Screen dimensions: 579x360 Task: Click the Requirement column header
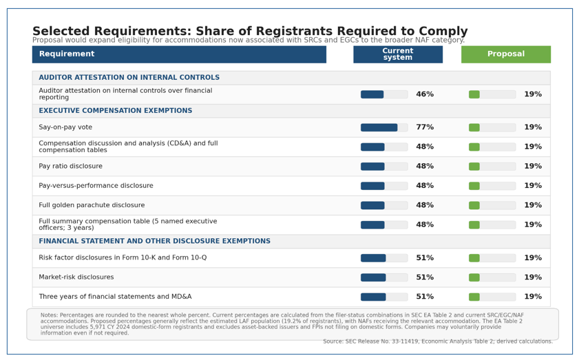point(179,54)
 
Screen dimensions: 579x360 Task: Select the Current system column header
point(398,54)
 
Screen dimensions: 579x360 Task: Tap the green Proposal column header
point(506,54)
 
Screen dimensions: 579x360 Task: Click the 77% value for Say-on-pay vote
point(425,127)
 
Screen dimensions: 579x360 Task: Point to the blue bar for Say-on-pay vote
point(379,127)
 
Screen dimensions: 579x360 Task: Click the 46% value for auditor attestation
point(425,94)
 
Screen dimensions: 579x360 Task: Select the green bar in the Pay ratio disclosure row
point(474,167)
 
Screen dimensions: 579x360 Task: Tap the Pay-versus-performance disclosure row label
point(96,186)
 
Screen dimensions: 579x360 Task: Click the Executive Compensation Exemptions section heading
point(116,110)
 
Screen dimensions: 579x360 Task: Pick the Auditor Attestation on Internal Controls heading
point(129,77)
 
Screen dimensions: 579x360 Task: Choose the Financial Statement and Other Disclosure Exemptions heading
point(155,241)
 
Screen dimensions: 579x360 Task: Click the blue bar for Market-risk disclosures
point(373,277)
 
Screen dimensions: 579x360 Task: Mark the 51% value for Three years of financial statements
point(425,297)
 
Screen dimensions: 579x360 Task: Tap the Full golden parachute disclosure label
point(92,205)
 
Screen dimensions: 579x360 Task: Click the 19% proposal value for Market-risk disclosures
point(533,277)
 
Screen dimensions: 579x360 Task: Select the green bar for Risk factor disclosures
point(474,258)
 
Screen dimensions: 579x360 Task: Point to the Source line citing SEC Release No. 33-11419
point(438,341)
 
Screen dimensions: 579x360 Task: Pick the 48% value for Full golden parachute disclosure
point(425,205)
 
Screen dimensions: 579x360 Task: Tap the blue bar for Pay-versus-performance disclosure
point(372,186)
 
